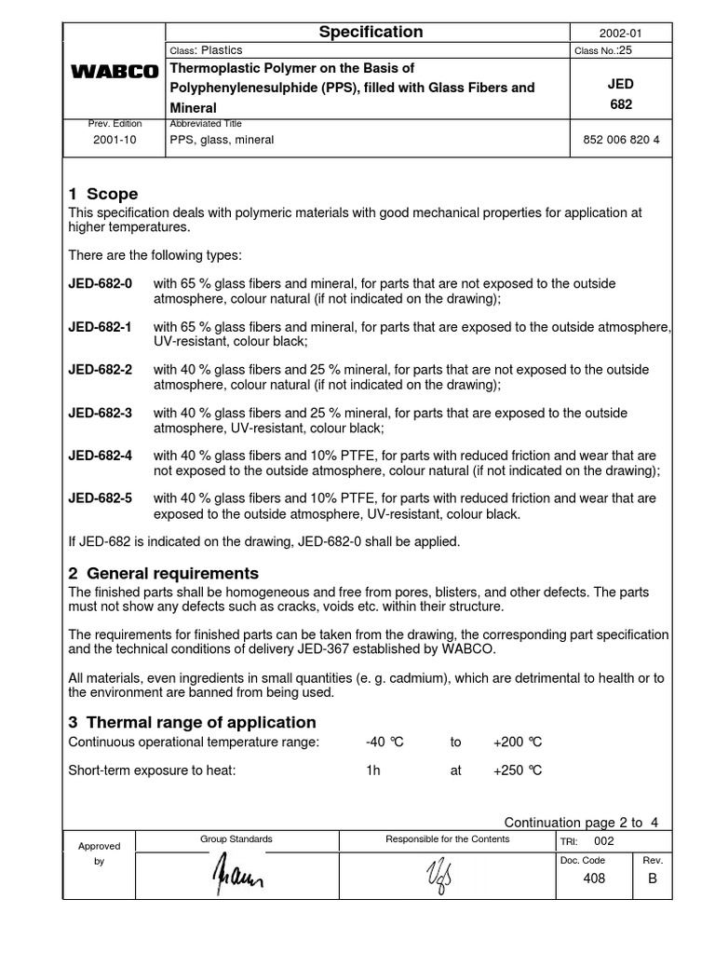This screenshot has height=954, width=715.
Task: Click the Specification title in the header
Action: click(371, 33)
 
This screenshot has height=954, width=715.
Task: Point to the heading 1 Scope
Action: click(103, 194)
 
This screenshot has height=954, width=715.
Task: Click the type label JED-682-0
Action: click(101, 283)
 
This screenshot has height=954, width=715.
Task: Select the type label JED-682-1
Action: click(101, 327)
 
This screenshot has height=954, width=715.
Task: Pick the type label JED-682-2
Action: click(101, 370)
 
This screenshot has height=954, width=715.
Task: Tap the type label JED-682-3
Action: click(101, 413)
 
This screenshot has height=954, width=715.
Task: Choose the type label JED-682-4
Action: click(101, 456)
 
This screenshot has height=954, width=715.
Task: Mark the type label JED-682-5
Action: click(101, 498)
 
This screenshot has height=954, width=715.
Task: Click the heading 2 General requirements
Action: click(164, 573)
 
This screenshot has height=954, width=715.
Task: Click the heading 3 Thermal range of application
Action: click(193, 722)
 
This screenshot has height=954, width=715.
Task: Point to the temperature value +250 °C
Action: click(518, 770)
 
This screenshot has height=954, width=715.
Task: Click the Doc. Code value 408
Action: click(592, 879)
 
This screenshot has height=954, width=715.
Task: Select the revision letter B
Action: click(653, 879)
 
